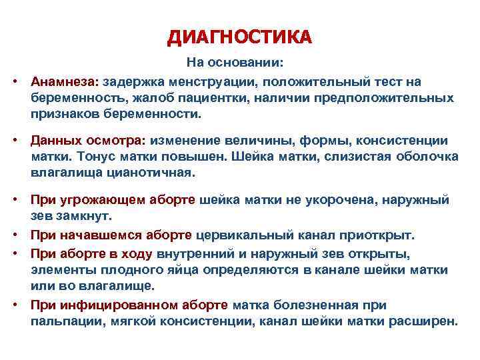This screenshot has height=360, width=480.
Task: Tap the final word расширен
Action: click(427, 321)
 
